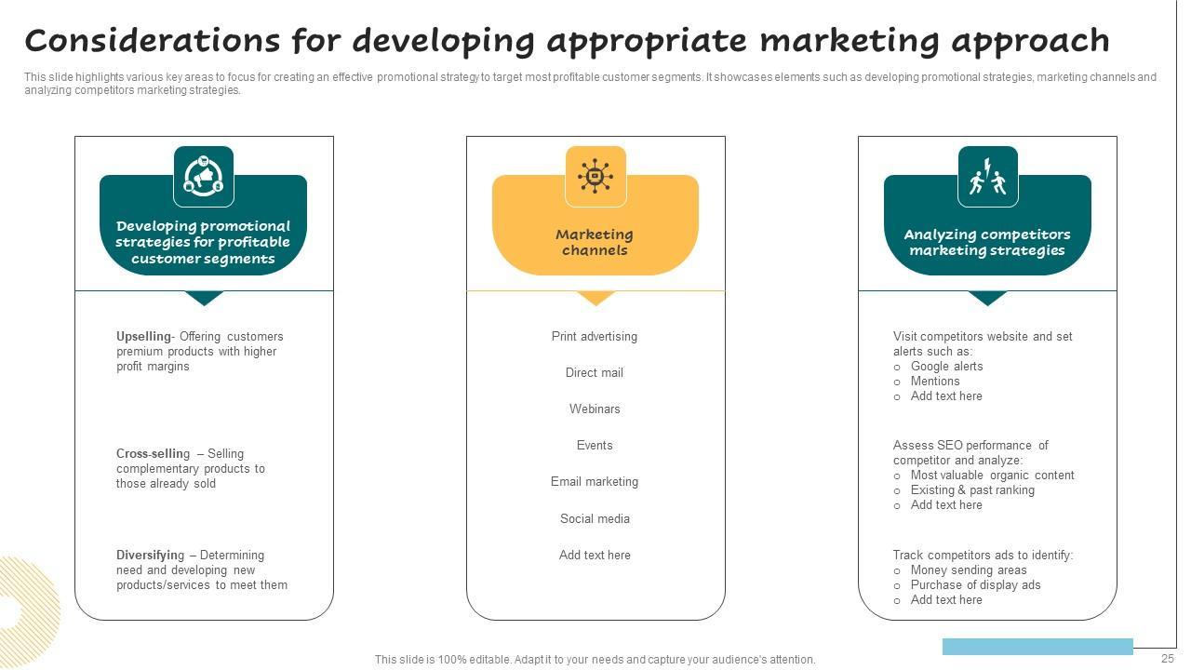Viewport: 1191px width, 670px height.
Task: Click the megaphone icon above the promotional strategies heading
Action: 203,176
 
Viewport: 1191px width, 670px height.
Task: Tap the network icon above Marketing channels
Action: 595,176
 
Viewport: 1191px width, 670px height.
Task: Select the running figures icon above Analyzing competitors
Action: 987,176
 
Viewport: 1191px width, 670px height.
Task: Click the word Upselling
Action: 143,337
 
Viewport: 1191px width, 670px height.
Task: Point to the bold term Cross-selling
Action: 153,454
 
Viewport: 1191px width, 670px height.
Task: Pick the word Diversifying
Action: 150,556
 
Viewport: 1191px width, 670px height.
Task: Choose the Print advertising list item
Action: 595,337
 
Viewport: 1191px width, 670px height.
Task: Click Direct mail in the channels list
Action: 595,373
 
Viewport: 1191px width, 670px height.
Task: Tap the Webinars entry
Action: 595,409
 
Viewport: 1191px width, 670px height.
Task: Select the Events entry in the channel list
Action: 595,446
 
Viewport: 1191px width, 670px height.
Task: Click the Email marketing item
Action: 595,482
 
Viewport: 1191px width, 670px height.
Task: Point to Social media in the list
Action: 595,519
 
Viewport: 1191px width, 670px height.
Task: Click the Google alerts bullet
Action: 946,367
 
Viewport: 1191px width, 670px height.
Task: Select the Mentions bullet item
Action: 935,382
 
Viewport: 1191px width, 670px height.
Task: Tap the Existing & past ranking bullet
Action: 972,490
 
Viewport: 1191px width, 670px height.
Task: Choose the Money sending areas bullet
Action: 969,570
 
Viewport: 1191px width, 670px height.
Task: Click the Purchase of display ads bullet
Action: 975,585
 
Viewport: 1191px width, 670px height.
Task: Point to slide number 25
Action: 1168,659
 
